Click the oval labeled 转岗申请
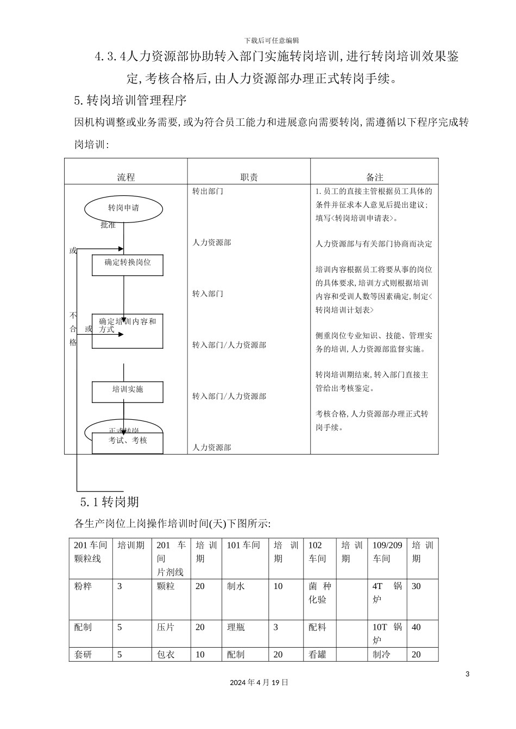point(123,208)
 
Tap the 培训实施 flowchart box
point(128,390)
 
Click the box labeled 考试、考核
point(128,441)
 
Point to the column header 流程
point(126,177)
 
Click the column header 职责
point(249,177)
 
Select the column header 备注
point(374,177)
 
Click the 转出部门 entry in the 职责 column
point(207,191)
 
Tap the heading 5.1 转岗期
point(109,502)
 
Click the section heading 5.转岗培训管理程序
point(130,100)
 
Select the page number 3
point(467,674)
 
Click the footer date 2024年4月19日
point(259,682)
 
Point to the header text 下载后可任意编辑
point(271,40)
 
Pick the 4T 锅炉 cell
point(387,593)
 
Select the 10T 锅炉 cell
point(387,634)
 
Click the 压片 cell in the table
point(166,627)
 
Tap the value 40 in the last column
point(416,627)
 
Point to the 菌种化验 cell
point(319,593)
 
